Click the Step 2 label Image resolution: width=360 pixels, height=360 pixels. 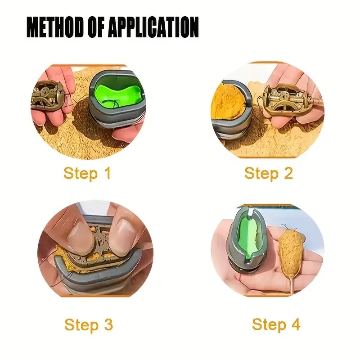[x=268, y=173]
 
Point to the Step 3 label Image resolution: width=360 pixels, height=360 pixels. [x=88, y=324]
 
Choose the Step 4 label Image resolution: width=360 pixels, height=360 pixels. [x=275, y=324]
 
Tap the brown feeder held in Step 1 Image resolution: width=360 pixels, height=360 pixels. [x=47, y=95]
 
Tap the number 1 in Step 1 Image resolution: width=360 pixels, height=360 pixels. [x=106, y=173]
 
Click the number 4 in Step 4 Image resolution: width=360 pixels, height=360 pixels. [x=295, y=324]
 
